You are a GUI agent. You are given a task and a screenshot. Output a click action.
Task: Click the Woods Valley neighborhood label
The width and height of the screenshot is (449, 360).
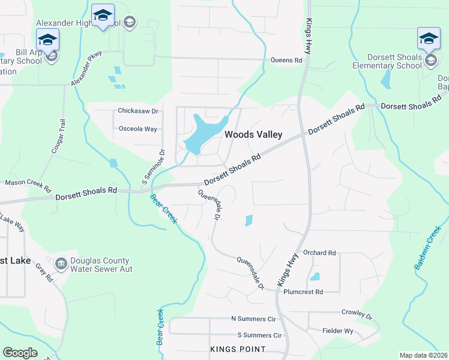[x=253, y=135]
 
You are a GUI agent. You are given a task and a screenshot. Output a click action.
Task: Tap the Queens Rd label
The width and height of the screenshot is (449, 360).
[x=286, y=60]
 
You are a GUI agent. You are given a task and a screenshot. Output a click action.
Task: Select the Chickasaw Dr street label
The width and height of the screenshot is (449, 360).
[x=137, y=111]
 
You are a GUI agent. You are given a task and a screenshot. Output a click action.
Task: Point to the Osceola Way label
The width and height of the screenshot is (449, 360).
[x=137, y=129]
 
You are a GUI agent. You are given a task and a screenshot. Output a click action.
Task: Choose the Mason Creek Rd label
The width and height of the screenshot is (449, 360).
[x=28, y=182]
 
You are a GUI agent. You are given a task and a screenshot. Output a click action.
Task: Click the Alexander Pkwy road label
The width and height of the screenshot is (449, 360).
[x=87, y=68]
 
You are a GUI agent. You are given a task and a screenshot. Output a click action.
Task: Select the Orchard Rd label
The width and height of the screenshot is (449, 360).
[x=319, y=253]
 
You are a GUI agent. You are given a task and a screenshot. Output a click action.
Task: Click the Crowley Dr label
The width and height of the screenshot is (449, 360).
[x=357, y=314]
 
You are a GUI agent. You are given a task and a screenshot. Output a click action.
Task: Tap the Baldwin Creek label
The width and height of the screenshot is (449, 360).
[x=427, y=247]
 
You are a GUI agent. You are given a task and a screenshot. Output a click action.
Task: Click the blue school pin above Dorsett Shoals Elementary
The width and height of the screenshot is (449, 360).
[x=429, y=39]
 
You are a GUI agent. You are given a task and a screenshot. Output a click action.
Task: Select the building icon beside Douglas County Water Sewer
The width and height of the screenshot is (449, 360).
[x=61, y=264]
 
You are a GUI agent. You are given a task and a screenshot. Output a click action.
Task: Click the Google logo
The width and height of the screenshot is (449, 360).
[x=20, y=353]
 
